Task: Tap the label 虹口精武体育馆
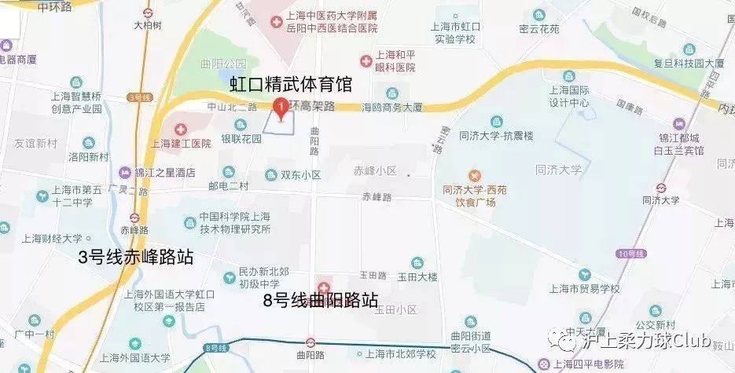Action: tap(290, 84)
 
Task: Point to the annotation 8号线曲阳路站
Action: tap(321, 300)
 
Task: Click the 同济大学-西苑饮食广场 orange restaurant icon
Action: tap(474, 175)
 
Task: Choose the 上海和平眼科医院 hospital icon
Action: tap(365, 60)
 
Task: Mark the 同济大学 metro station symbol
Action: tap(660, 187)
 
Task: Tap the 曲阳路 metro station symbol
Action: tap(311, 342)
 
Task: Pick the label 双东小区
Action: tap(302, 174)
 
